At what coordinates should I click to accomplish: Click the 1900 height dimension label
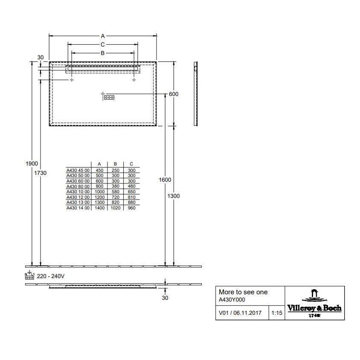pos(32,164)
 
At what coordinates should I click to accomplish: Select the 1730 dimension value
pos(41,173)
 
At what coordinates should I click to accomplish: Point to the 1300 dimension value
pos(174,196)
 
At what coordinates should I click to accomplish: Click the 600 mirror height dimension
pos(173,94)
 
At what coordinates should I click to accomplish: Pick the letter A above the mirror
pos(103,36)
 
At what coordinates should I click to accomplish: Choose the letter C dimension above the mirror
pos(103,44)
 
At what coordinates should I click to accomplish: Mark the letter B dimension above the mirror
pos(103,53)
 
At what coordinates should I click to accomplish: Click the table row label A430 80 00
pos(78,186)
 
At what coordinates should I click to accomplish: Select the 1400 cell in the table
pos(99,208)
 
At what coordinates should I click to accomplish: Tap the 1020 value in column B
pos(115,208)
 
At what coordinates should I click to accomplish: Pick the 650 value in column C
pos(131,192)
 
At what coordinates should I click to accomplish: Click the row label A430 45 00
pos(78,169)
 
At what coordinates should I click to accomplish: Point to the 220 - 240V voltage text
pos(51,276)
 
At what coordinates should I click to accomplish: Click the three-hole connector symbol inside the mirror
pos(109,98)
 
